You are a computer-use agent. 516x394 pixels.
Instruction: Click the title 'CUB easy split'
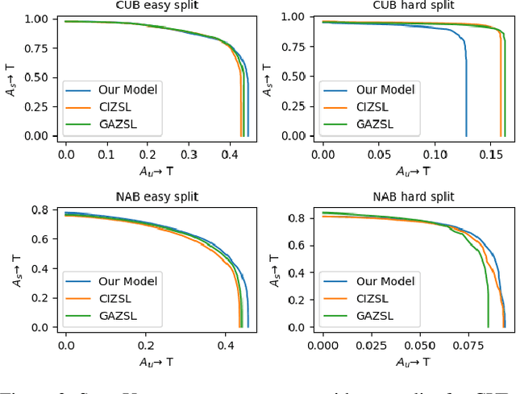pos(155,7)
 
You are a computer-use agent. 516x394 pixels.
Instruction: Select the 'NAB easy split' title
pos(155,197)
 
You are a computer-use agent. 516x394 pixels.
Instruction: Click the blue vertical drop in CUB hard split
pos(466,97)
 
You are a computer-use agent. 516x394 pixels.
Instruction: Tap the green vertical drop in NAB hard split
pos(488,306)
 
